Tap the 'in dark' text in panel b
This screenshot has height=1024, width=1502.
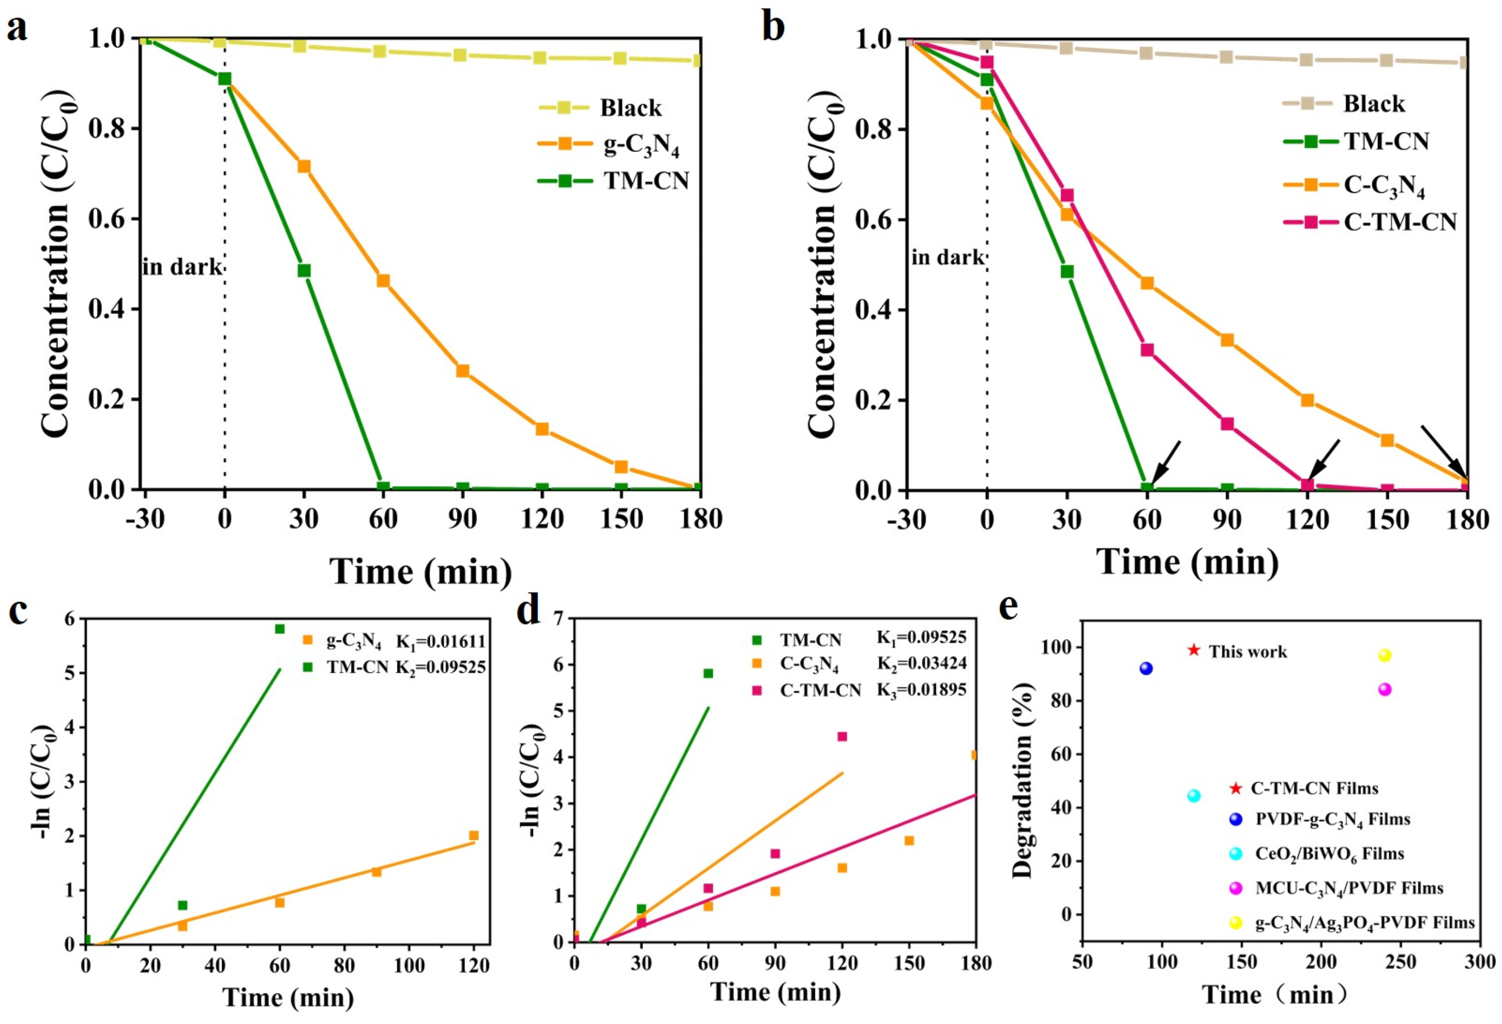[x=947, y=257]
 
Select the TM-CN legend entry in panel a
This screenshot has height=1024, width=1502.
[x=646, y=181]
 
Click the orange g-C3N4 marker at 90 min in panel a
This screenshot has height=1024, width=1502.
[x=462, y=370]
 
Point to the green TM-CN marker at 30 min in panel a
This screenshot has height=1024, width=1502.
[x=304, y=270]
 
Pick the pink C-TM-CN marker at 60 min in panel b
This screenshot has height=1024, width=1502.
[x=1147, y=350]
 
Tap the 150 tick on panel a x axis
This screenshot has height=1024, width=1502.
[x=621, y=519]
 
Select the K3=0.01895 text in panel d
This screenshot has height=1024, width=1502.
[x=921, y=690]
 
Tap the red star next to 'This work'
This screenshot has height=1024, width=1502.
[x=1194, y=650]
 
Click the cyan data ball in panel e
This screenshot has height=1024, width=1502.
[x=1194, y=796]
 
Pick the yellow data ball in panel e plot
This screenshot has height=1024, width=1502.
[x=1384, y=656]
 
